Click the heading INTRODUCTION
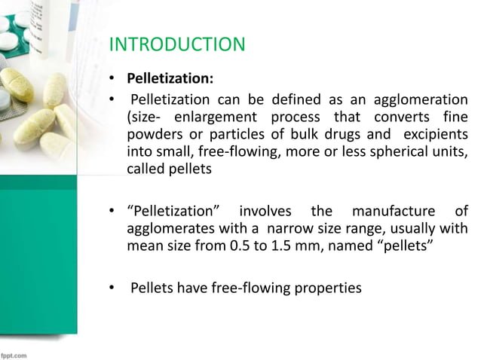click(177, 45)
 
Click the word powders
click(148, 136)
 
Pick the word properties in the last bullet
click(329, 287)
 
